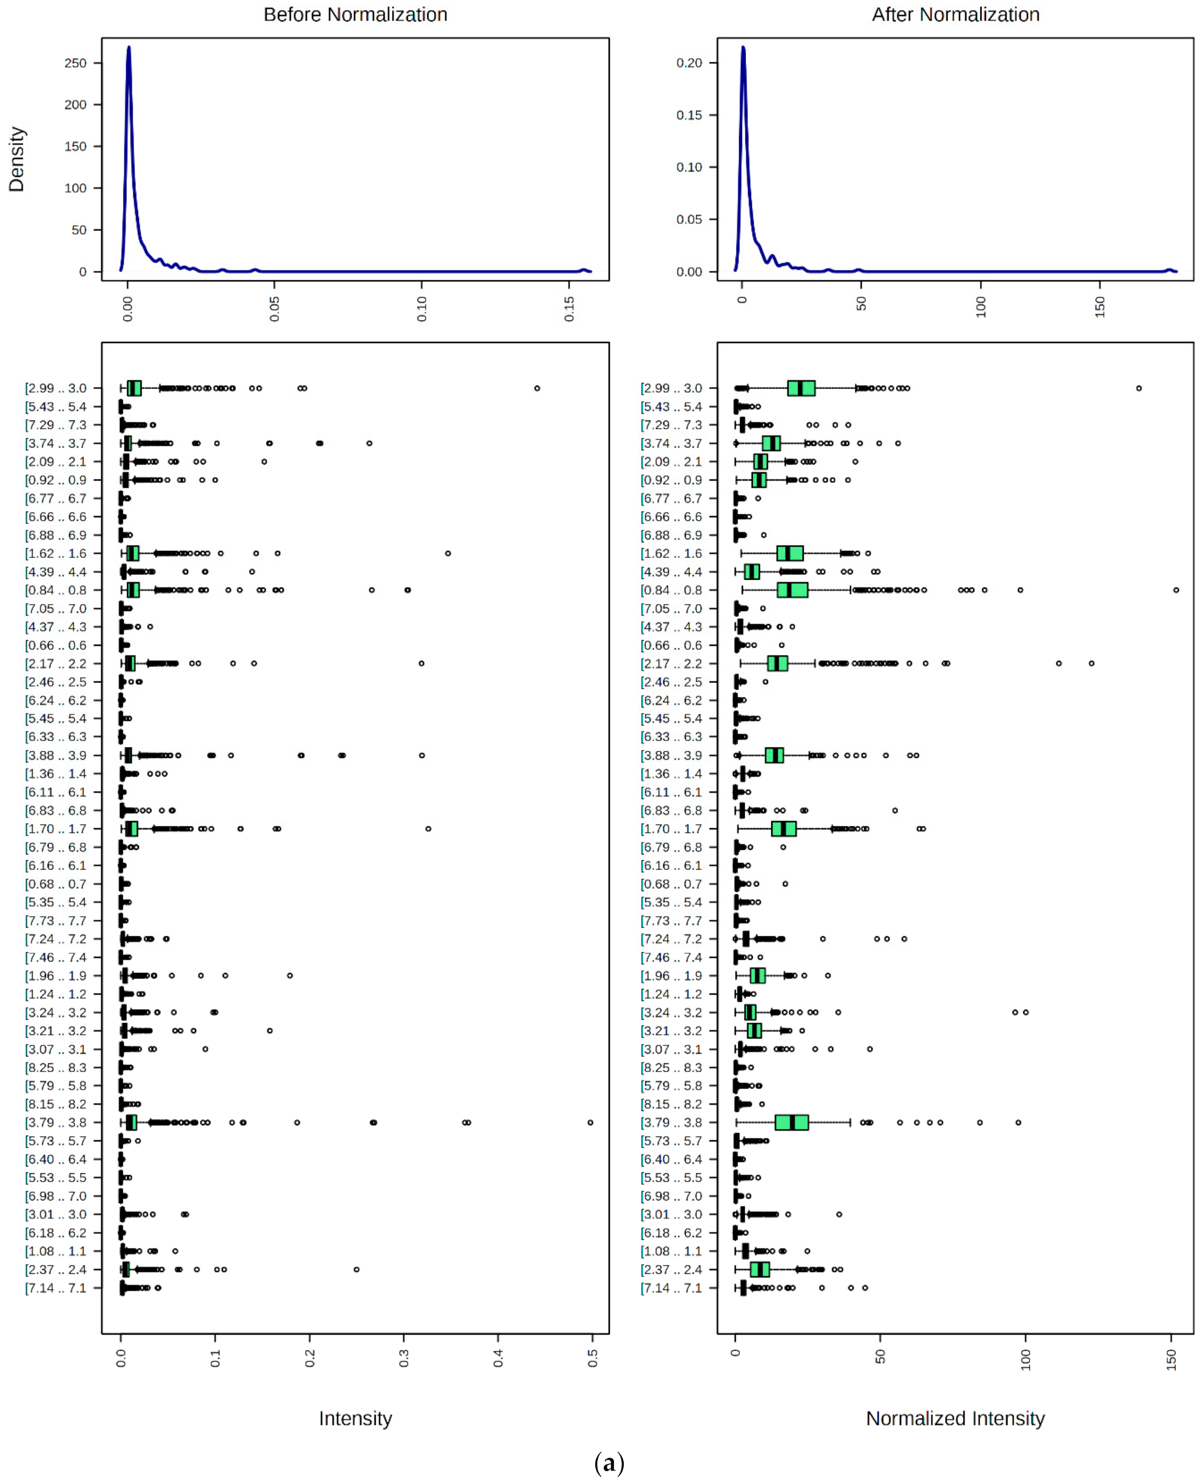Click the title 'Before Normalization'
pyautogui.click(x=355, y=15)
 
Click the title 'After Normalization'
pyautogui.click(x=955, y=15)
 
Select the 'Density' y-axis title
pyautogui.click(x=17, y=159)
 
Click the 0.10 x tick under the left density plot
pyautogui.click(x=422, y=308)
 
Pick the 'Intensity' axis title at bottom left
pyautogui.click(x=355, y=1419)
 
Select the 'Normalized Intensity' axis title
pyautogui.click(x=955, y=1419)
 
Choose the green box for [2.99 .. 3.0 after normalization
pyautogui.click(x=801, y=388)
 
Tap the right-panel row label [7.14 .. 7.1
pyautogui.click(x=671, y=1288)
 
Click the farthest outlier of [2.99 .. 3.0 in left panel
pyautogui.click(x=537, y=388)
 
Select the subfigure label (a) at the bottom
pyautogui.click(x=609, y=1462)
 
